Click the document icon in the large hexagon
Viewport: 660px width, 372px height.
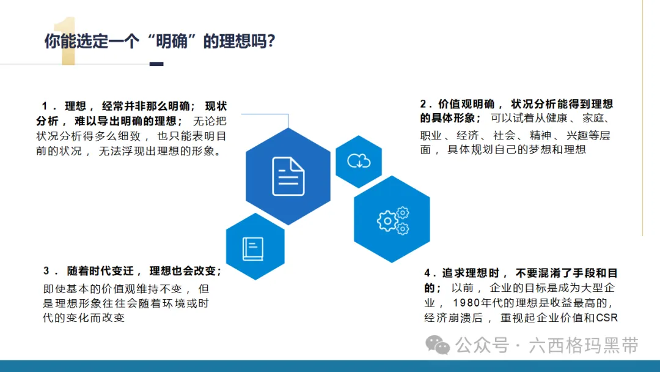288,176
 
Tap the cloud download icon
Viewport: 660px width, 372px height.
359,161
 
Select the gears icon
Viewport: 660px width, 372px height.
393,220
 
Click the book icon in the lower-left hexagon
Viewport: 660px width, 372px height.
253,248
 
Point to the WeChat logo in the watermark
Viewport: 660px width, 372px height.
438,345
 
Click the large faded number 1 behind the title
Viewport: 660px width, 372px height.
65,40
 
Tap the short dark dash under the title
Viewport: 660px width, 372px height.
156,64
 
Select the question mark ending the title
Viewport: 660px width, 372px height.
271,41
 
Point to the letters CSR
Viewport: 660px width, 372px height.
607,318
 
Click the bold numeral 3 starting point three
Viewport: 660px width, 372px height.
46,270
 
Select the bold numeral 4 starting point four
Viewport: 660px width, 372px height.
427,273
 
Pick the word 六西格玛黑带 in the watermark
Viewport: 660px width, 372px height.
584,346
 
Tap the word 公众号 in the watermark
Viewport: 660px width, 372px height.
482,346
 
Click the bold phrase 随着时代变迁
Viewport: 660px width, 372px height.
100,271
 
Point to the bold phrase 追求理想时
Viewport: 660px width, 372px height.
471,273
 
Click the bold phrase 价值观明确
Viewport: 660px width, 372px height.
466,104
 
